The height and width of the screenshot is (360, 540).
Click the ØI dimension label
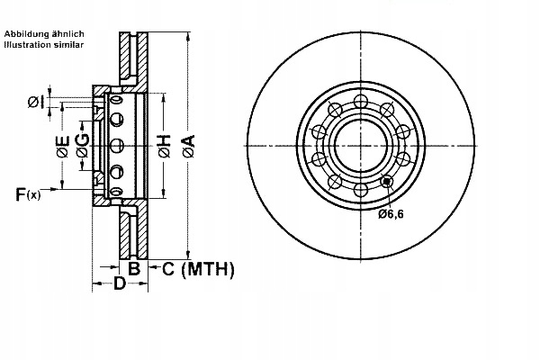click(33, 102)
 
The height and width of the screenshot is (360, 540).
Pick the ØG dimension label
click(83, 146)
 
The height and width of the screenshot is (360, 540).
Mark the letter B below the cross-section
click(133, 268)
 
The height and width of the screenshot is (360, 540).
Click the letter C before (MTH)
click(167, 268)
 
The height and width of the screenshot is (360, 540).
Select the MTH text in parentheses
click(209, 268)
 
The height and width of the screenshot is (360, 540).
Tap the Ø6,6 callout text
click(391, 214)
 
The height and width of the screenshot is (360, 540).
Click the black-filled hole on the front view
click(387, 181)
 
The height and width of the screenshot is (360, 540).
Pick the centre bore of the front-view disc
click(360, 144)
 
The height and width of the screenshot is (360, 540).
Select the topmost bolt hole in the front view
click(360, 98)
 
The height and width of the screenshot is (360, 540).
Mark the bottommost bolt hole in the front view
click(360, 190)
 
